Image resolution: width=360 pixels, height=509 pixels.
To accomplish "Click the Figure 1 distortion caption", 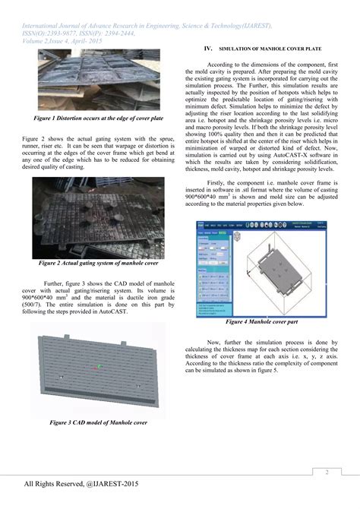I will click(x=98, y=119).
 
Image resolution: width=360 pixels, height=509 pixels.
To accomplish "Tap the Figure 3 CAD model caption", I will click(x=98, y=422).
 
